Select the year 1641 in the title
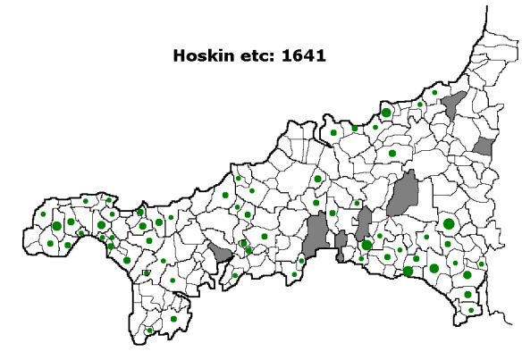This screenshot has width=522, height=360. [301, 54]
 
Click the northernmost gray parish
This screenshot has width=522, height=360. [453, 104]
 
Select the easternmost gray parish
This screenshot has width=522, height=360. [483, 147]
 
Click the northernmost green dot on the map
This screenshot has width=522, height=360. [434, 92]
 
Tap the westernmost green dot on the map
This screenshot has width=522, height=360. [43, 213]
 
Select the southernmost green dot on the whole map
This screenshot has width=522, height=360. [150, 331]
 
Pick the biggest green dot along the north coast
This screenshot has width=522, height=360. [386, 113]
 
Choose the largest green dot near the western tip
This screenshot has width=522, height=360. [57, 226]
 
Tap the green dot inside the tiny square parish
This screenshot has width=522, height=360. [147, 272]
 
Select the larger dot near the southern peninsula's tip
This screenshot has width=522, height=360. [173, 319]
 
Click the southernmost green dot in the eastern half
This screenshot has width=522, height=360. [471, 311]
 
